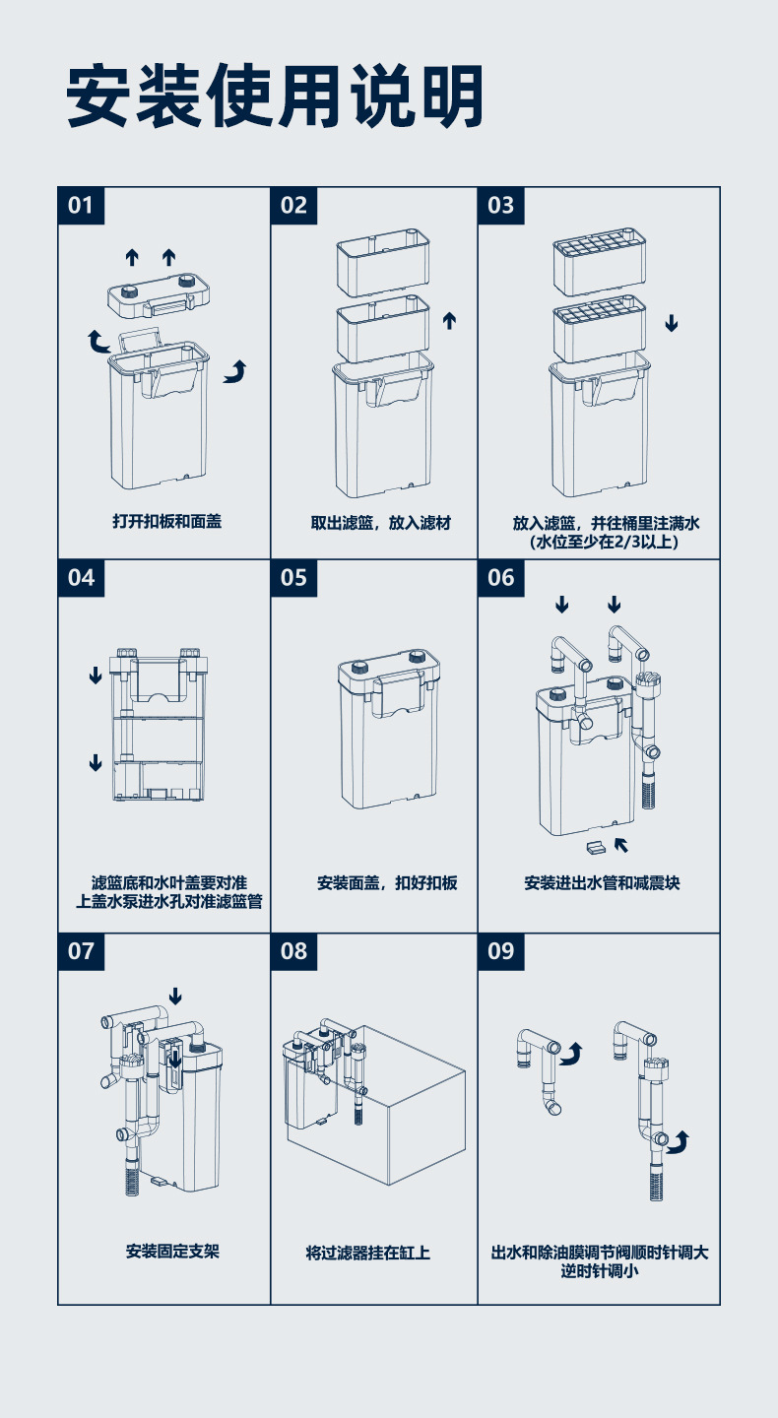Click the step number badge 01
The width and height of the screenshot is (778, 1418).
[x=81, y=205]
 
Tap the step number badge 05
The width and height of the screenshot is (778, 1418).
[x=294, y=577]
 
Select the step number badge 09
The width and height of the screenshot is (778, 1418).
[x=501, y=950]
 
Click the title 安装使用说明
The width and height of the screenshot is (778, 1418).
[x=276, y=96]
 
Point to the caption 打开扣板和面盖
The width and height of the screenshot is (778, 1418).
[x=166, y=521]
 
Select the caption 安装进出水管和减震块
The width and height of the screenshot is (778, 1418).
[x=602, y=883]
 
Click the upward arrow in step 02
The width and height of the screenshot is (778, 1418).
[x=450, y=320]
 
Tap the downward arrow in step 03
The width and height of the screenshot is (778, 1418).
[x=672, y=323]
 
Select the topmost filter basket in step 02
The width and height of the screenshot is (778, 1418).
[x=384, y=260]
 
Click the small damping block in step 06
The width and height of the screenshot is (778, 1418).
[x=593, y=847]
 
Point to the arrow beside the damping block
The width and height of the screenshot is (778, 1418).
[x=621, y=843]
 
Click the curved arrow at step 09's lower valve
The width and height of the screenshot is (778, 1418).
[x=680, y=1141]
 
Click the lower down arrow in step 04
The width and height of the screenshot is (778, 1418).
[x=96, y=762]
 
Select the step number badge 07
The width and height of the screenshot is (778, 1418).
[x=81, y=950]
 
